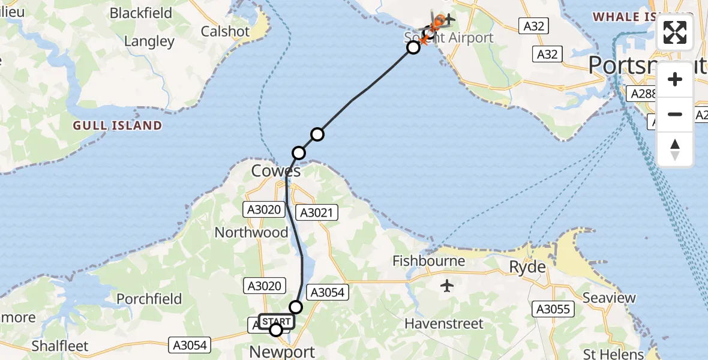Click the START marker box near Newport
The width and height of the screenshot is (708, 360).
tap(277, 321)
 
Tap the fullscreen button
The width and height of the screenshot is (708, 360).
tap(675, 32)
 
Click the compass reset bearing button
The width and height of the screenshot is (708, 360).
tap(675, 149)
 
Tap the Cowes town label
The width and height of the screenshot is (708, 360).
tap(276, 171)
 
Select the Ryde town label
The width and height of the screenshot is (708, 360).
tap(528, 267)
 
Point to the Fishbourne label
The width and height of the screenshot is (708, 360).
tap(429, 261)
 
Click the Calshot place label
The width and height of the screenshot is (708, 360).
tap(225, 32)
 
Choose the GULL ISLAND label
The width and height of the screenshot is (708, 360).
tap(118, 125)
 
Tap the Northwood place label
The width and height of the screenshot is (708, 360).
tap(251, 232)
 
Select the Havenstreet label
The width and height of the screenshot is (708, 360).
tap(444, 324)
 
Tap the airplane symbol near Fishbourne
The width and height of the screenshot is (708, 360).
tap(447, 286)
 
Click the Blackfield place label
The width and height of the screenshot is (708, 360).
tap(141, 13)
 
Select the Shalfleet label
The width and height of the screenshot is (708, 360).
tap(60, 346)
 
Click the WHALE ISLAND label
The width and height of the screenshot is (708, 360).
tap(630, 17)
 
